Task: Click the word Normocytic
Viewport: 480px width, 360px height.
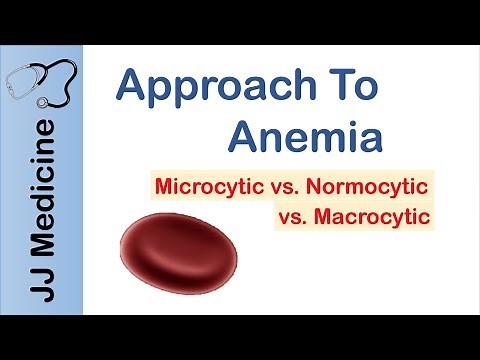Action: coord(380,186)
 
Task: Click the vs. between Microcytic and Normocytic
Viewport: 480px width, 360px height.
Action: coord(292,186)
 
